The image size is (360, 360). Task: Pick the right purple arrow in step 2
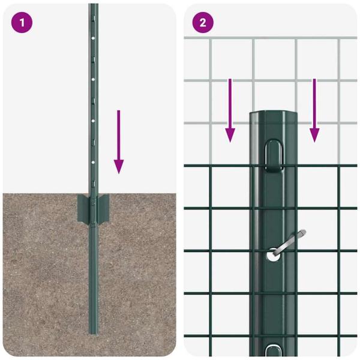(314, 110)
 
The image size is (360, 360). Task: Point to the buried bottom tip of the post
(93, 332)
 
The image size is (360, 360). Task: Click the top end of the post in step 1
(93, 5)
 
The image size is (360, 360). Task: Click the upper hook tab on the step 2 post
(273, 152)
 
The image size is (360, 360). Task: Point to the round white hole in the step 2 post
(272, 254)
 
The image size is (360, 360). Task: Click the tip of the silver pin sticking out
(303, 231)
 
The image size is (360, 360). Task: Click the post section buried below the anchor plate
(93, 276)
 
